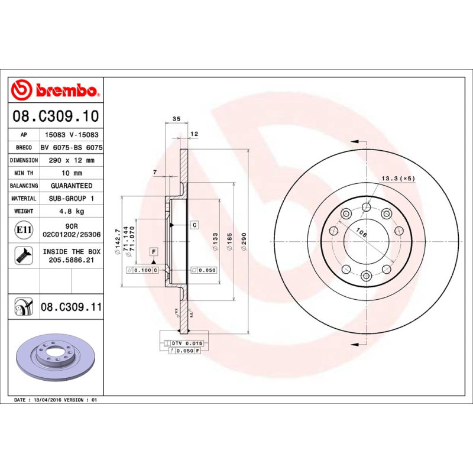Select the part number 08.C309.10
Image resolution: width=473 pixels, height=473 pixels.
(x=56, y=116)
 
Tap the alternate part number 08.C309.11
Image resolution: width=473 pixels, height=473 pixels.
(x=72, y=307)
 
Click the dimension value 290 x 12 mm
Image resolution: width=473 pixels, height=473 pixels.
(x=71, y=160)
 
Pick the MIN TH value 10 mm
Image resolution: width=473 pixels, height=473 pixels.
(x=71, y=173)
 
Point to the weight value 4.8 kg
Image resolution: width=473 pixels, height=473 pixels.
(x=71, y=211)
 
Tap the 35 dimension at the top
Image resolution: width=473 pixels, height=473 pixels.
(x=176, y=119)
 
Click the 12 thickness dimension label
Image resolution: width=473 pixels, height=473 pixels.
(x=193, y=134)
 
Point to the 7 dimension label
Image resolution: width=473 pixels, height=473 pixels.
(x=154, y=172)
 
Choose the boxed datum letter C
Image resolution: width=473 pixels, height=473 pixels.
(x=194, y=225)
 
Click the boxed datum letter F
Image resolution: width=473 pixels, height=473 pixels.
(x=153, y=252)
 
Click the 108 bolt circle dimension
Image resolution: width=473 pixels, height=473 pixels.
(x=362, y=234)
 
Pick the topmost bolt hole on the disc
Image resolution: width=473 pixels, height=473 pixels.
(x=366, y=207)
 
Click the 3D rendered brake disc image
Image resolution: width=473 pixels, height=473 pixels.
(x=57, y=361)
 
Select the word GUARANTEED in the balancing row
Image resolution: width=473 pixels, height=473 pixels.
(x=71, y=186)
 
